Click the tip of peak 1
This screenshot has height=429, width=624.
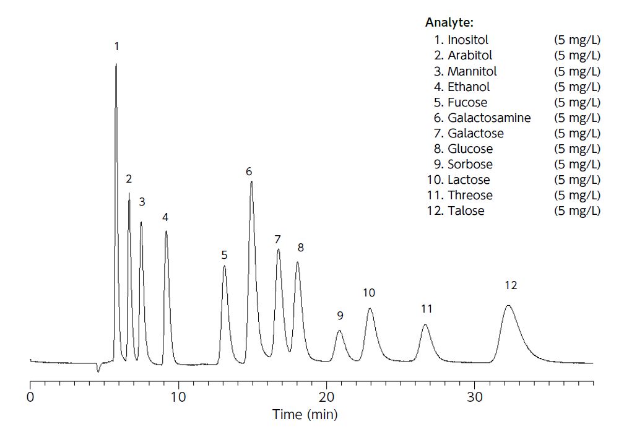116,64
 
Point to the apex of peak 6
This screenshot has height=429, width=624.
251,181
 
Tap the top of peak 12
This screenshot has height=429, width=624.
508,305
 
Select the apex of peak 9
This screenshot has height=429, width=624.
339,331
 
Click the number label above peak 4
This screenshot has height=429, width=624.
165,217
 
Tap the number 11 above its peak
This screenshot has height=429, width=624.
427,308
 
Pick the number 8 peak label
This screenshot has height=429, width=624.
301,248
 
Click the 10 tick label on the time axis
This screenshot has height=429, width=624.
178,396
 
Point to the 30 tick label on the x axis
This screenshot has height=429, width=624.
475,396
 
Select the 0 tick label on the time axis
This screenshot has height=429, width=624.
30,396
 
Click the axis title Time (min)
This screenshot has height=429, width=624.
306,414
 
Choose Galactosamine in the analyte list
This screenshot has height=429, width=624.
489,118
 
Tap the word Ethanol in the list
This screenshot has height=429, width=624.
469,87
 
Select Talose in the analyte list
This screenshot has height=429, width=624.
466,210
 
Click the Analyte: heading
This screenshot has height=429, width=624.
449,23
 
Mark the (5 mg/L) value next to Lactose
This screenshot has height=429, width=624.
577,180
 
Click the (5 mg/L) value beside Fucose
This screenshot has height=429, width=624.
577,102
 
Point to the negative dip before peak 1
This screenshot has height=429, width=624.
98,371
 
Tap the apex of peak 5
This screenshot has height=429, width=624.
224,266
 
